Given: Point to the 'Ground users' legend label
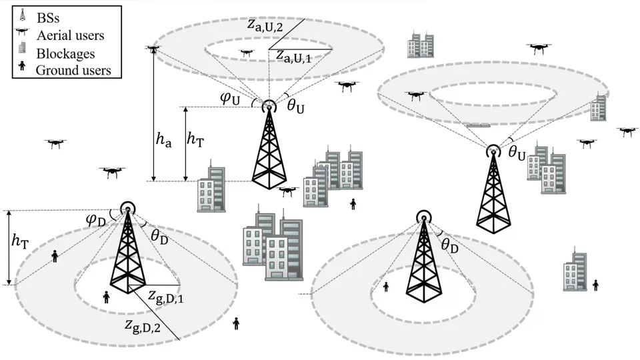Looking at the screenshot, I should [74, 69].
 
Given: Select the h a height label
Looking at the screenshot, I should [164, 140].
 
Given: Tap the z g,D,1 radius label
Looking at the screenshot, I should [166, 295].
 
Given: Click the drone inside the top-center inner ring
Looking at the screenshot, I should [246, 51].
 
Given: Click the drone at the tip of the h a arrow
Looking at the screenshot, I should [154, 49].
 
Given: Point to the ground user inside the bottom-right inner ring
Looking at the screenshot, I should [385, 287].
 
